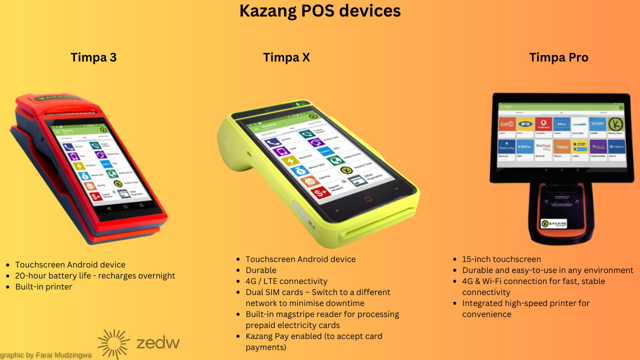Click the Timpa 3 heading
[x=93, y=57]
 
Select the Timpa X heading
[x=286, y=57]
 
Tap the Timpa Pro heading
[x=558, y=57]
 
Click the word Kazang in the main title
[x=265, y=11]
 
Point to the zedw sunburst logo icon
[x=113, y=343]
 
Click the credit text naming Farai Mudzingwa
[x=46, y=355]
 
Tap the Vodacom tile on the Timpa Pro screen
[x=543, y=125]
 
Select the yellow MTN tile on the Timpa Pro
[x=525, y=124]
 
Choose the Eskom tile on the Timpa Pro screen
[x=616, y=147]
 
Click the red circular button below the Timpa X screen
[x=368, y=199]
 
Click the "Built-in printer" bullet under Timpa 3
[x=43, y=287]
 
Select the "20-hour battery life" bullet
[x=95, y=276]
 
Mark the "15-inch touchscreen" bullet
[x=501, y=259]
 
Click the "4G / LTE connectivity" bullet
[x=286, y=281]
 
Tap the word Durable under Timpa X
[x=261, y=270]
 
